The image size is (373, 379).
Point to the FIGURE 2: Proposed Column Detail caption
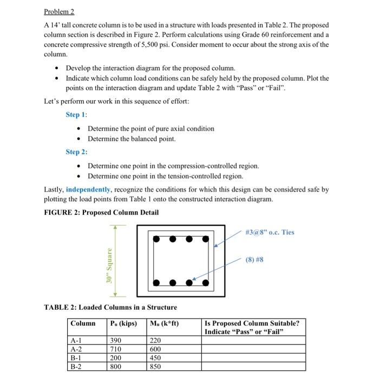coord(101,212)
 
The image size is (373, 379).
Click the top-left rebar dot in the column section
coord(156,238)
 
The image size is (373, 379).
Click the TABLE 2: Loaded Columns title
coord(110,307)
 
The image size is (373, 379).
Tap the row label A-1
coord(76,341)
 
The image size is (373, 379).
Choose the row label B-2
coord(76,366)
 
